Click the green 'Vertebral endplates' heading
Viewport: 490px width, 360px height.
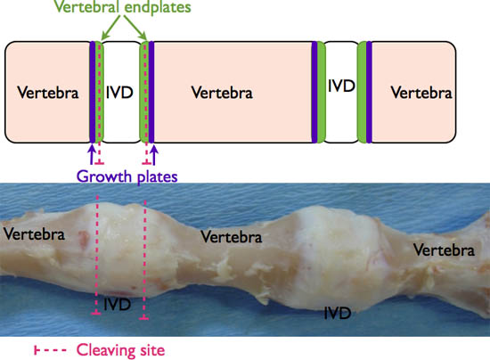[123, 6]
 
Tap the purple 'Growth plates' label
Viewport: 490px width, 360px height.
[127, 176]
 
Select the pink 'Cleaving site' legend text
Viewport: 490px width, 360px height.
[120, 350]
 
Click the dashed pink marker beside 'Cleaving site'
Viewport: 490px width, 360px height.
[50, 350]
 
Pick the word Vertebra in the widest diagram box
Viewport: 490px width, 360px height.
[222, 93]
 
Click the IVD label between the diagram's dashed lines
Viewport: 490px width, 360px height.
[119, 93]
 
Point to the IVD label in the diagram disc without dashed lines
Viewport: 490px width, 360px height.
[341, 86]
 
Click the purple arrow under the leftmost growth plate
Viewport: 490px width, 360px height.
[92, 154]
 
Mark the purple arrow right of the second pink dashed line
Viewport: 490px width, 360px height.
[154, 154]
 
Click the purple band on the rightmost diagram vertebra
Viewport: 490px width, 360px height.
[369, 92]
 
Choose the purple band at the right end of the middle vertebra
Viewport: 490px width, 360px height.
[314, 92]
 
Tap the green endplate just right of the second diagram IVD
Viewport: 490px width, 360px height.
[363, 92]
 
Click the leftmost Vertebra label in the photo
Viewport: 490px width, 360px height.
[34, 234]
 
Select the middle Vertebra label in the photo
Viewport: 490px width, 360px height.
[232, 236]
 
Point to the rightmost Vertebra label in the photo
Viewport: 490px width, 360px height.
[444, 250]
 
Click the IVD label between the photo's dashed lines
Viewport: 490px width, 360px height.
[117, 305]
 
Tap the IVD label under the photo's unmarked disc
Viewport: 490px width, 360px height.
[338, 313]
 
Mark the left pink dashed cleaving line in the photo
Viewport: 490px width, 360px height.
[97, 255]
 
